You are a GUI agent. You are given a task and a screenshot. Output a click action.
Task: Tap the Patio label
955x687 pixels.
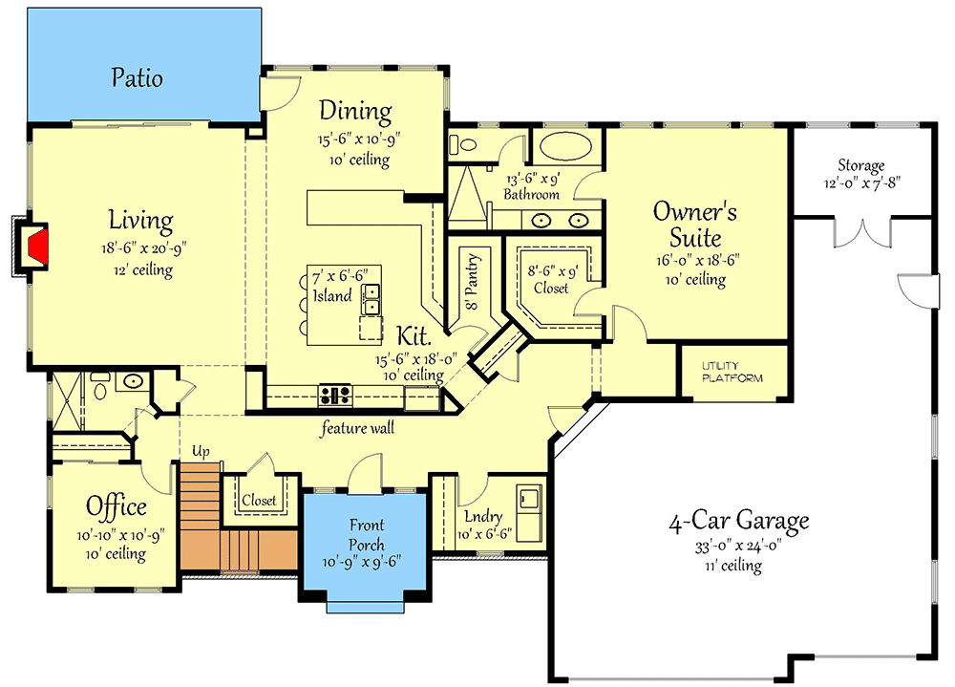pyautogui.click(x=137, y=78)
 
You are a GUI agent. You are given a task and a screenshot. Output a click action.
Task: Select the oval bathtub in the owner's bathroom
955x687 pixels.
pyautogui.click(x=565, y=146)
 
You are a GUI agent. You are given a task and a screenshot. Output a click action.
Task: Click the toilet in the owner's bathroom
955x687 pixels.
pyautogui.click(x=462, y=145)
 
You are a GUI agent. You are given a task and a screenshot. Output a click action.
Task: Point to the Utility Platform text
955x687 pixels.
pyautogui.click(x=732, y=372)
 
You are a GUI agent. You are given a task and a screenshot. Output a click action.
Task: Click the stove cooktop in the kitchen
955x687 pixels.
pyautogui.click(x=335, y=395)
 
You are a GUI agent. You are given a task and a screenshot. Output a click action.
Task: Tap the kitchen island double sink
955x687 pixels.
pyautogui.click(x=371, y=299)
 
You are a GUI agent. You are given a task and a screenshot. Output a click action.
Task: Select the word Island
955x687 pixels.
pyautogui.click(x=332, y=295)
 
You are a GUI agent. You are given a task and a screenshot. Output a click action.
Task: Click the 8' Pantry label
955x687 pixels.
pyautogui.click(x=472, y=282)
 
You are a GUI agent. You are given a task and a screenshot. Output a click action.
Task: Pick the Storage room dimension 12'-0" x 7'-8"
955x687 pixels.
pyautogui.click(x=861, y=182)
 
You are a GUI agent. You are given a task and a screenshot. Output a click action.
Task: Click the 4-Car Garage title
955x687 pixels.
pyautogui.click(x=739, y=521)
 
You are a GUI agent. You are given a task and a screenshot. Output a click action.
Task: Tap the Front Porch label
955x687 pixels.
pyautogui.click(x=367, y=534)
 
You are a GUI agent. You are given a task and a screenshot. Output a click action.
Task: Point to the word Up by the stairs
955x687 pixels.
pyautogui.click(x=201, y=451)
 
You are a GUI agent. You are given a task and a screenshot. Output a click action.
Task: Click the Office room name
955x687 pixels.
pyautogui.click(x=117, y=506)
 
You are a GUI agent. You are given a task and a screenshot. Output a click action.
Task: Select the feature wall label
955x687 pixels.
pyautogui.click(x=357, y=428)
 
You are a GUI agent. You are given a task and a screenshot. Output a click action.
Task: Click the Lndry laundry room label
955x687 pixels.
pyautogui.click(x=483, y=517)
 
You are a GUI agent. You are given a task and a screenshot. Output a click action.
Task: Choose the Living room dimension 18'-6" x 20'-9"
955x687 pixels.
pyautogui.click(x=144, y=248)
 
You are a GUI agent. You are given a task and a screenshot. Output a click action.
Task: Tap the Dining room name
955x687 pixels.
pyautogui.click(x=355, y=111)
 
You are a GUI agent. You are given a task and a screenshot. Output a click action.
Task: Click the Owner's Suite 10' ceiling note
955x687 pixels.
pyautogui.click(x=695, y=280)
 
